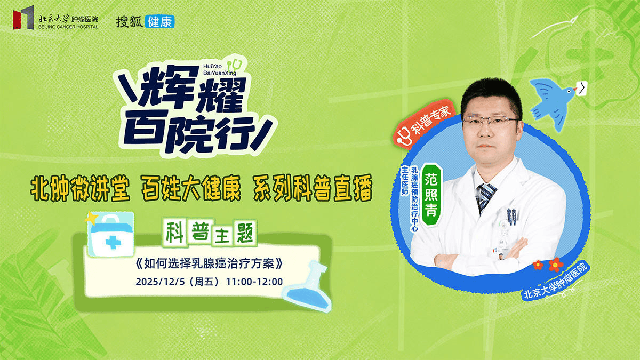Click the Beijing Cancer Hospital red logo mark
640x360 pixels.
(23, 19)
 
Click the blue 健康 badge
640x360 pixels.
(159, 21)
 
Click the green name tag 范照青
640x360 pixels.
(430, 194)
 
